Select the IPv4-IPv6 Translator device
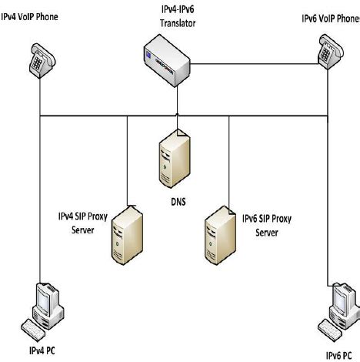point(176,62)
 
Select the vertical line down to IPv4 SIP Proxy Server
point(127,158)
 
